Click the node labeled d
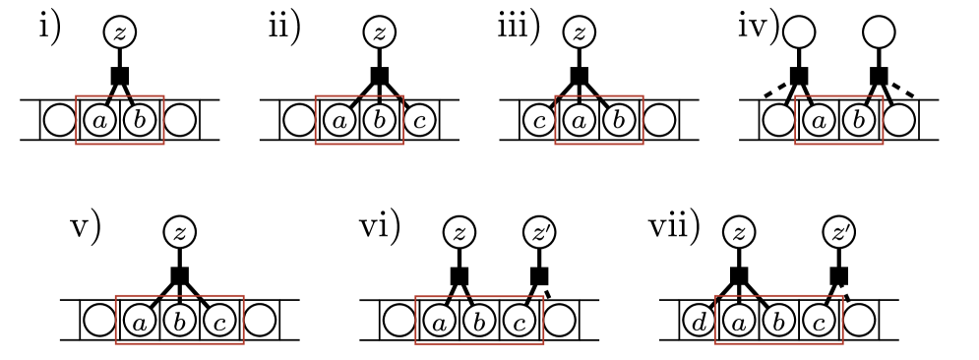click(x=699, y=321)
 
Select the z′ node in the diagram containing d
click(x=838, y=233)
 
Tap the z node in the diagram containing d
click(x=739, y=233)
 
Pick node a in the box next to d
click(x=739, y=321)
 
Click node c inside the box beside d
click(x=819, y=321)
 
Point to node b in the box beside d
click(x=778, y=321)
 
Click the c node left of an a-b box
click(x=539, y=120)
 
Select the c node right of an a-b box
click(x=419, y=120)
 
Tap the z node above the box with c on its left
click(x=580, y=32)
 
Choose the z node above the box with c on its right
click(x=380, y=32)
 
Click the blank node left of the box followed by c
click(x=299, y=120)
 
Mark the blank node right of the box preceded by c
click(x=659, y=120)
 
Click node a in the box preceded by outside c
click(x=580, y=120)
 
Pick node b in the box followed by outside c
click(x=380, y=120)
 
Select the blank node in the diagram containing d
click(x=859, y=321)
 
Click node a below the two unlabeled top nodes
click(x=819, y=120)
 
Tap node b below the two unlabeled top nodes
click(x=859, y=120)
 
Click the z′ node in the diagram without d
click(x=539, y=233)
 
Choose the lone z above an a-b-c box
click(x=179, y=233)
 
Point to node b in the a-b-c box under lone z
click(x=179, y=321)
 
